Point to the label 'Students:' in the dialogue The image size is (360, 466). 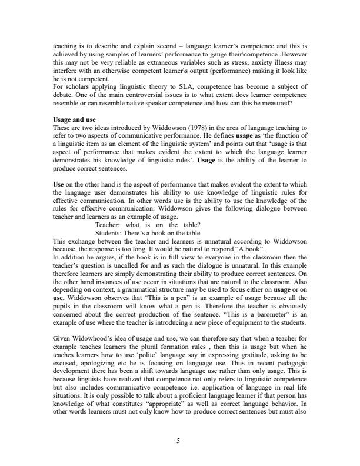[110, 234]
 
